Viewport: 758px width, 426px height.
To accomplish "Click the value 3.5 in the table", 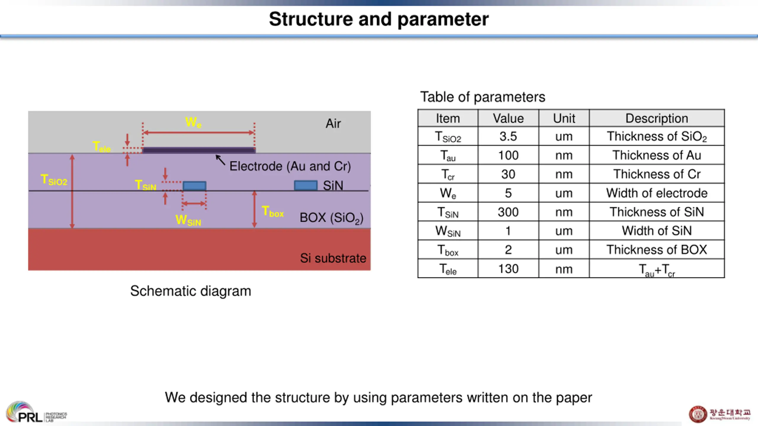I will pos(508,136).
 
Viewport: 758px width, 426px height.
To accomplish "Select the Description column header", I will pos(657,118).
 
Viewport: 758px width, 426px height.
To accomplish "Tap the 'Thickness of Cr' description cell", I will pos(657,174).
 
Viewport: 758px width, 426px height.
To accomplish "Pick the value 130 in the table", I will pos(508,269).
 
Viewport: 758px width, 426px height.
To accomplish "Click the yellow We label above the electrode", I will pos(193,122).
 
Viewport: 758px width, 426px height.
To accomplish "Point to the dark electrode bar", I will pos(199,150).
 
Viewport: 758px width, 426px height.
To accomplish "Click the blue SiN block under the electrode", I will pos(195,186).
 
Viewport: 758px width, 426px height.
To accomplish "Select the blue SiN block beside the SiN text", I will pos(306,185).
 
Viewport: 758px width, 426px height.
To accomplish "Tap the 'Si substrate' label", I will pos(333,258).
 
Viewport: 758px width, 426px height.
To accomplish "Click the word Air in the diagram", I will pos(333,124).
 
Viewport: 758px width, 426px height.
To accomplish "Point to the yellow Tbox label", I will pos(273,212).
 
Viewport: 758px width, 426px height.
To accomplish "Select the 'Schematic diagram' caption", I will pos(191,291).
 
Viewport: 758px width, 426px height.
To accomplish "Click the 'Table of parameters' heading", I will pos(483,97).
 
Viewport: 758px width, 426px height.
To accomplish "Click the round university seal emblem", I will pos(698,414).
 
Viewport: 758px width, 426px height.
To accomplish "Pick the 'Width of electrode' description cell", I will pos(657,193).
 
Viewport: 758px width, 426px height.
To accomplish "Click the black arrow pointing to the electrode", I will pos(220,160).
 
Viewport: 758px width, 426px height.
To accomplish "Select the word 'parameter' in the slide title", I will pos(443,20).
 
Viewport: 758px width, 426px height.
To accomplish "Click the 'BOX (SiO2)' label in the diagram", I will pos(331,218).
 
